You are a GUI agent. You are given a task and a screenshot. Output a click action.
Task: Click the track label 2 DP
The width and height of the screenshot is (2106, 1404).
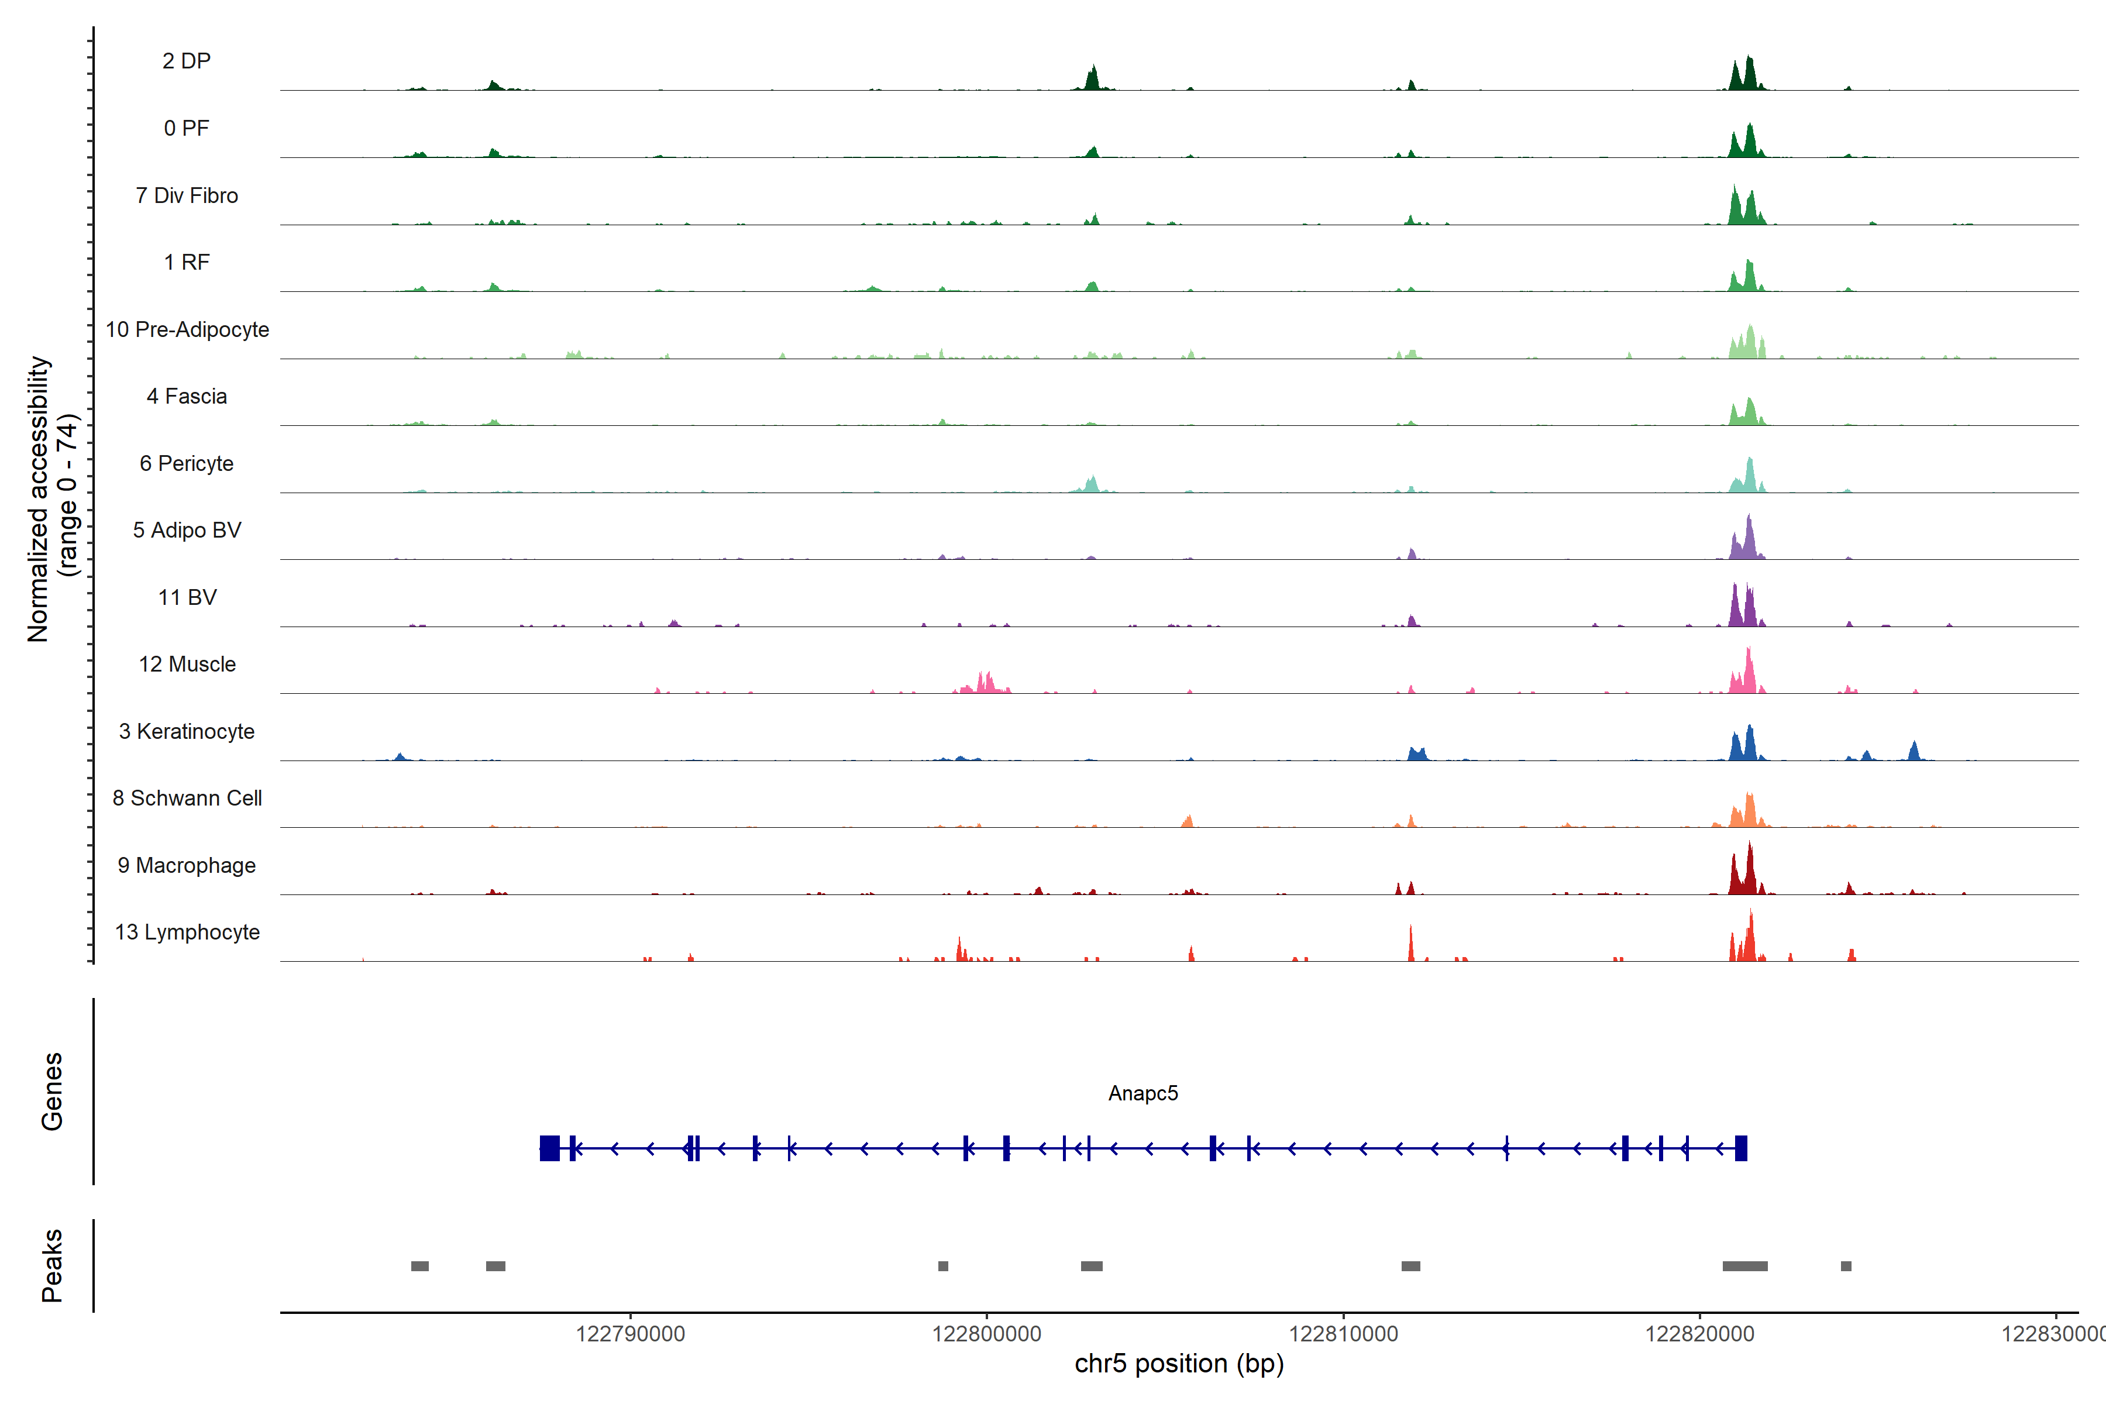(x=186, y=61)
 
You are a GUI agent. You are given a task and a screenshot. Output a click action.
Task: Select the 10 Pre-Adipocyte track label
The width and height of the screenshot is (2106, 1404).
(x=187, y=329)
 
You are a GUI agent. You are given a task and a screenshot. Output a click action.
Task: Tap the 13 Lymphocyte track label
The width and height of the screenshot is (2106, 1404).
(x=187, y=932)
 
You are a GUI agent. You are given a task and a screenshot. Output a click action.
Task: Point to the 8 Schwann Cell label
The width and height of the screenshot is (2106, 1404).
(x=187, y=798)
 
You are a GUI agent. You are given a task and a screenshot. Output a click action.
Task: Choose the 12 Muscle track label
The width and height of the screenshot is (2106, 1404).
(x=187, y=665)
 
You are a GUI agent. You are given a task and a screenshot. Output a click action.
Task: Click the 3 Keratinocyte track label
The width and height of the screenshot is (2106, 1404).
(x=187, y=732)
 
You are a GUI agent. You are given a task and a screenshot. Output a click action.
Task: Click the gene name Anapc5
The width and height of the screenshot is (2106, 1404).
(x=1143, y=1093)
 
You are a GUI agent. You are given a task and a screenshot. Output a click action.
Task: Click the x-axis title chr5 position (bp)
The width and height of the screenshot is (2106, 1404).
(x=1178, y=1364)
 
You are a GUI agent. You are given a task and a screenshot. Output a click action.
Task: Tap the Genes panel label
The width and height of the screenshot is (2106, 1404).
(x=52, y=1092)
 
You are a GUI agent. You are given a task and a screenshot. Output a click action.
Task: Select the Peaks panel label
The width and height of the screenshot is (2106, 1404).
(x=52, y=1265)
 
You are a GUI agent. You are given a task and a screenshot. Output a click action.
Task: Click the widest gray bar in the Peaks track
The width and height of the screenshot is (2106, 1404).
(x=1744, y=1266)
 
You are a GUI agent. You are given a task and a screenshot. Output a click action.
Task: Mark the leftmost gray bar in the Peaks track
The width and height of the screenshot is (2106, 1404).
(x=419, y=1266)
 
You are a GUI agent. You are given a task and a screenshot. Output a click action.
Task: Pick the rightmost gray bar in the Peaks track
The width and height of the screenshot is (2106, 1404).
(x=1846, y=1266)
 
